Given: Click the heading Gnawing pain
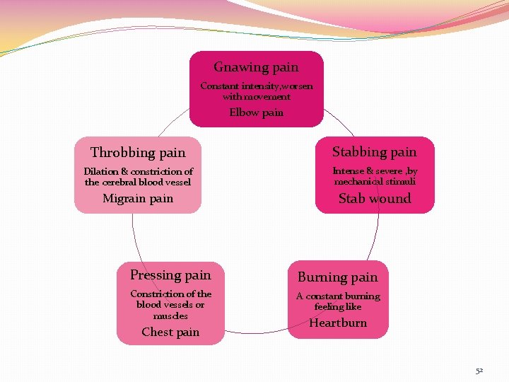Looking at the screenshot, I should [256, 67].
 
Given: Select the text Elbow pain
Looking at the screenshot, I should [256, 112].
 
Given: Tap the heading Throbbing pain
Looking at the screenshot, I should [138, 153].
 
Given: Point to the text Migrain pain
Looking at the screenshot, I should [138, 199].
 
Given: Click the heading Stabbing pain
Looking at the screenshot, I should [375, 152].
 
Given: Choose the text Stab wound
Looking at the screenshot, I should [375, 199].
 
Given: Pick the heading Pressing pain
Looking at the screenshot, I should [170, 275].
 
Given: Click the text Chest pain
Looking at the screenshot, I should [170, 332].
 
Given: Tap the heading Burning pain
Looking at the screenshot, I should [338, 277].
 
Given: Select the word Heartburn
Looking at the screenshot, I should [338, 323].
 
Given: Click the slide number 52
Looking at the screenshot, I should [479, 371].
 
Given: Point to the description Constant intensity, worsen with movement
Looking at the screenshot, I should [256, 91].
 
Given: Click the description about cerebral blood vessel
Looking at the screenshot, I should [138, 177].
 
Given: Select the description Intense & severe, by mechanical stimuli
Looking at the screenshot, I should [375, 176].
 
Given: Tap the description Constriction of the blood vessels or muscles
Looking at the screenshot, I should [170, 304].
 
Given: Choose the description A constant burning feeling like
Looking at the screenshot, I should [338, 301].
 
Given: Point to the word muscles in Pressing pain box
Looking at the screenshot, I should [170, 316].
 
